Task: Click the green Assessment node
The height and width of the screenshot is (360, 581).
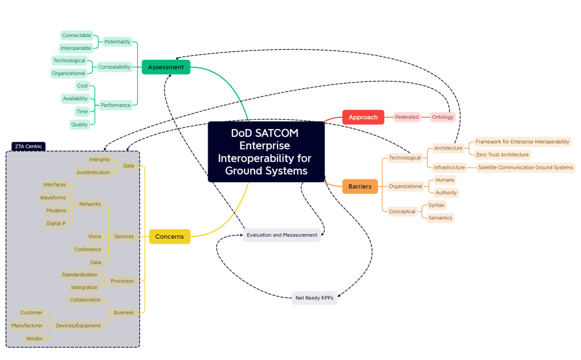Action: pos(166,67)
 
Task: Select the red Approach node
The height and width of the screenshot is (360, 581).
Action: pos(363,117)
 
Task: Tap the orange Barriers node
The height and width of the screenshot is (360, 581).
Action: pos(359,187)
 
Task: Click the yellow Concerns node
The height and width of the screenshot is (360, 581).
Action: pos(169,236)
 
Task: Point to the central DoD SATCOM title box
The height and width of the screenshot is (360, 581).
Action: pos(266,152)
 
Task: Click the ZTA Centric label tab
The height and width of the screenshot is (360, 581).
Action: pos(28,147)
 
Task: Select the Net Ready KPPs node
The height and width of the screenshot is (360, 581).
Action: pos(314,298)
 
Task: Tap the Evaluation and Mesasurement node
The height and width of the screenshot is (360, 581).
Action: pos(282,235)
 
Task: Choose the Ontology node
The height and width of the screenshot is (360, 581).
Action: pos(443,117)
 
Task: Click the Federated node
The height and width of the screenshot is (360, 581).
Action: pos(407,117)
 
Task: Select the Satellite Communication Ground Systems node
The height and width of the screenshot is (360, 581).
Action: pos(525,167)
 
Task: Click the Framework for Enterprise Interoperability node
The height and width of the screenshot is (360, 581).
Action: pos(522,142)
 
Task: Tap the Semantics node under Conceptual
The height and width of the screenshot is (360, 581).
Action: pos(440,218)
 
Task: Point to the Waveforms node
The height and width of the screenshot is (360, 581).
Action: pos(53,198)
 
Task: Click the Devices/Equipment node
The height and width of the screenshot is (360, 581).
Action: pos(78,326)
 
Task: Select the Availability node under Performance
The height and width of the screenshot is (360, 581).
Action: pos(75,99)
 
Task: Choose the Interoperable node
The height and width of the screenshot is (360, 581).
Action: pos(76,48)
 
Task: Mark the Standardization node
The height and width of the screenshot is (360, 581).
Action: pos(79,275)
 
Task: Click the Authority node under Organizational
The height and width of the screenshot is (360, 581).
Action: pos(446,193)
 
